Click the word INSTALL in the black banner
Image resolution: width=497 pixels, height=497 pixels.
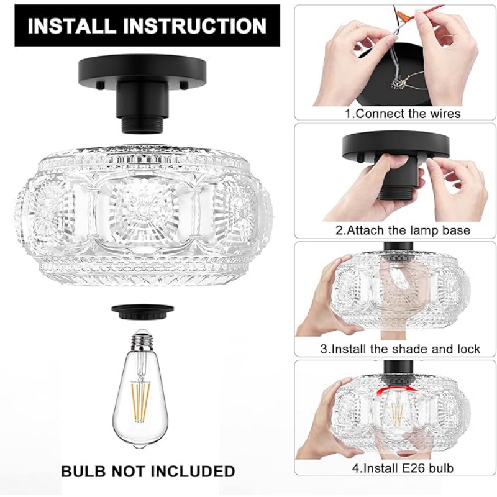pos(71,26)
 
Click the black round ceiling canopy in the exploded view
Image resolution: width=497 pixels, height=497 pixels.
pos(142,70)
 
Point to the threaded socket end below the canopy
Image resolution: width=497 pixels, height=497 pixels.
pos(143,127)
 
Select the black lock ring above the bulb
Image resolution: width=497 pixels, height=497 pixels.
pos(143,311)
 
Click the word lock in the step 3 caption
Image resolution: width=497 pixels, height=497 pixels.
pos(469,349)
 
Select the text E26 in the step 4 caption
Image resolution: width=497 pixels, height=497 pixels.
pos(410,468)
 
